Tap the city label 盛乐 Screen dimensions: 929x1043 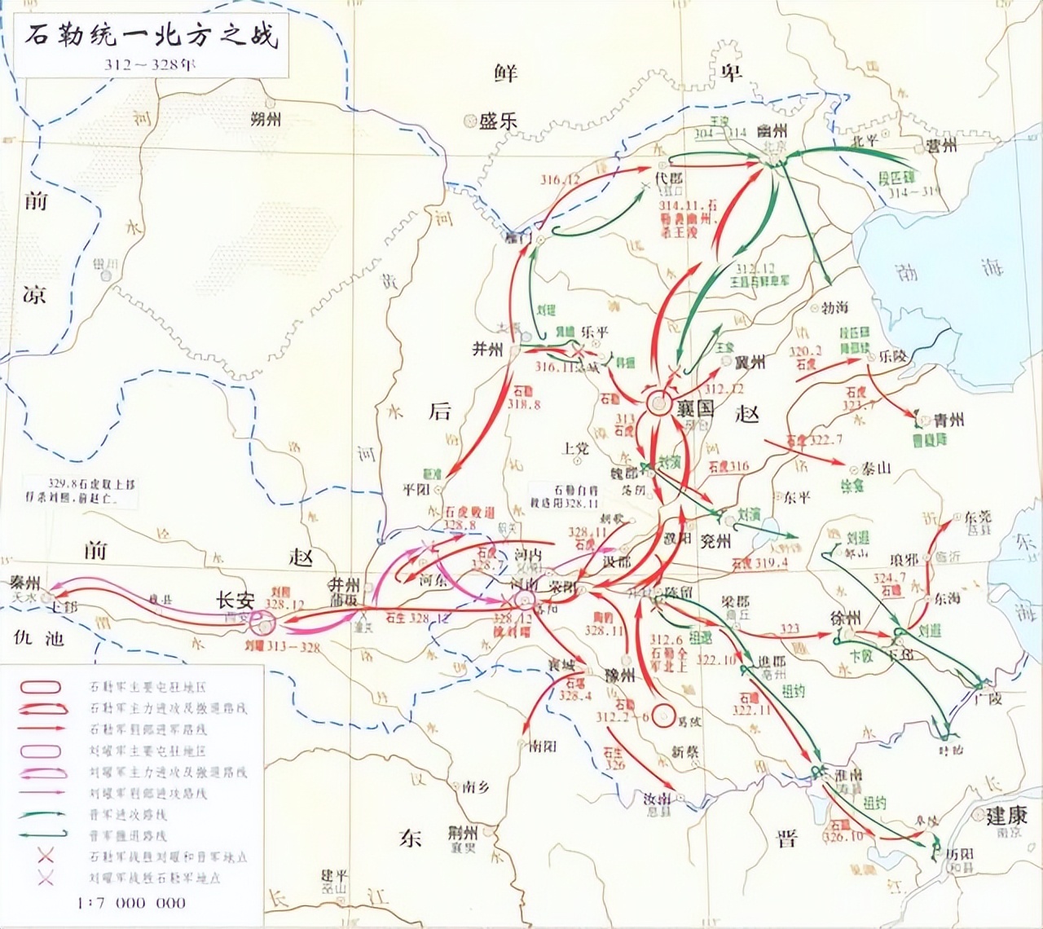498,121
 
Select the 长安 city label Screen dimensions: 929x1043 235,601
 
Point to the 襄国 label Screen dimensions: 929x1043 694,407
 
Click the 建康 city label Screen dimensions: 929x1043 1006,815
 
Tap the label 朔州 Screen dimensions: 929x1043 266,119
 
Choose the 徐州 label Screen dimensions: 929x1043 846,619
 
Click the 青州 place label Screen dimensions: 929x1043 948,420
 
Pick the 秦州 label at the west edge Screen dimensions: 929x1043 25,583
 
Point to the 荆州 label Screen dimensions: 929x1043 462,832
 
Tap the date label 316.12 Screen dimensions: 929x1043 560,179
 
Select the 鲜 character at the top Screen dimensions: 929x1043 506,73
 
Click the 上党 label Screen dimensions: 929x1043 575,447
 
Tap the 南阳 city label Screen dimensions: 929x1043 543,745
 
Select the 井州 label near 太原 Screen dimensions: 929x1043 488,349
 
